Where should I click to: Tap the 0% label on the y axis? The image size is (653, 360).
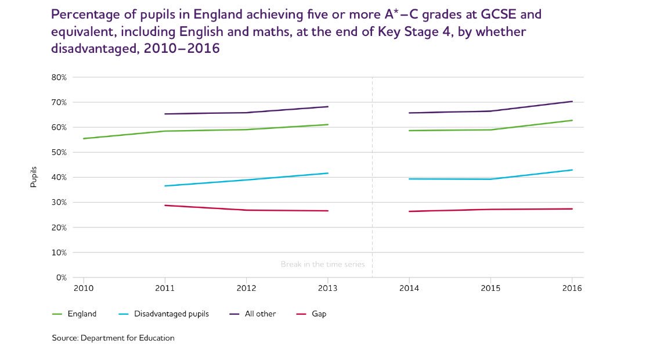[x=62, y=278]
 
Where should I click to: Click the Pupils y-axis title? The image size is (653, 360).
[x=34, y=177]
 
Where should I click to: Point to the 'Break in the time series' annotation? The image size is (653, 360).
[x=323, y=264]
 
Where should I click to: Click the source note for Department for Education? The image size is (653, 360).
[x=113, y=338]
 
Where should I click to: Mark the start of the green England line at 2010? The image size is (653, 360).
[x=84, y=139]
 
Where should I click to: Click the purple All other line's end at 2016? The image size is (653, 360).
[x=572, y=102]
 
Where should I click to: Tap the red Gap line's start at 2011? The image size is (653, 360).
[x=165, y=205]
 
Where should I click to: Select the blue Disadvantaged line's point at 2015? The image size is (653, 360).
[x=491, y=179]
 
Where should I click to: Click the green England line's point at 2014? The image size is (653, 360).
[x=409, y=131]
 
